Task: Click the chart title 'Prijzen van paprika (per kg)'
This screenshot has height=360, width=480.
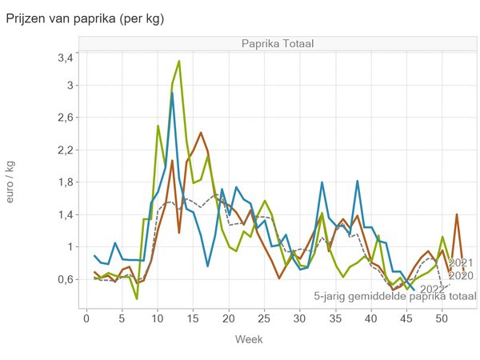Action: coord(85,18)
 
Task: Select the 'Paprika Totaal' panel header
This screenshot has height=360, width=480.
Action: coord(277,43)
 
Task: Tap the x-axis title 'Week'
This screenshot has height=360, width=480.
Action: coord(249,339)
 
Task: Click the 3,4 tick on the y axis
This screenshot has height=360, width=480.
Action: coord(65,58)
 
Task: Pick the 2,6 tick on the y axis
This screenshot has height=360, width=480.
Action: coord(65,118)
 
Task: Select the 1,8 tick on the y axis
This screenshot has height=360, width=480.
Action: coord(65,182)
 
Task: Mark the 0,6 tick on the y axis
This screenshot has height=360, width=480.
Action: coord(65,279)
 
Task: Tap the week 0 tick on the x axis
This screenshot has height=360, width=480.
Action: coord(86,320)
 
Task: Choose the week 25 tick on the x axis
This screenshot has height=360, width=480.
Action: coord(264,320)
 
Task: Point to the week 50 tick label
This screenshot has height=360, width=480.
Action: coord(442,320)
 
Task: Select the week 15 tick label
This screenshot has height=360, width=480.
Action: coord(193,320)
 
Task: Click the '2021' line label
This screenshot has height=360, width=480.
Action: coord(462,262)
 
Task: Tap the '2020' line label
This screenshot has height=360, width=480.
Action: coord(462,276)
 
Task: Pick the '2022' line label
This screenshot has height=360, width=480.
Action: coord(433,289)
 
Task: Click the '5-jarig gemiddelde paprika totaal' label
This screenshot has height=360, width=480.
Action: coord(394,296)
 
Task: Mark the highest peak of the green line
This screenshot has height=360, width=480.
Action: coord(179,61)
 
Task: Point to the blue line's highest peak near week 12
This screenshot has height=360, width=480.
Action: coord(172,93)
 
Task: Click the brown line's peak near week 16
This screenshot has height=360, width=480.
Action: coord(200,133)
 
